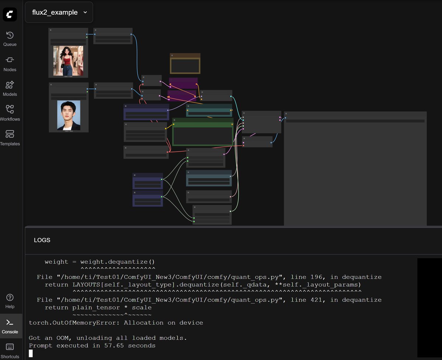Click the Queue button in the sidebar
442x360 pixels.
pos(10,39)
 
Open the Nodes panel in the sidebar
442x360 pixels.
pos(10,63)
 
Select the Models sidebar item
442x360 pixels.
pos(10,88)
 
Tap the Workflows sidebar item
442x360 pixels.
pos(10,113)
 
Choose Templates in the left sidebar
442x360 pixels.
pos(10,138)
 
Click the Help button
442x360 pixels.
pos(10,301)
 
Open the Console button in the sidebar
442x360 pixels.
pos(10,326)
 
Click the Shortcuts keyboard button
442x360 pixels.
pos(10,350)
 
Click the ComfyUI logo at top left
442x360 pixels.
pos(10,14)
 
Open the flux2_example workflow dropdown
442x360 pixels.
pos(59,12)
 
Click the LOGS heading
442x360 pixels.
pos(42,240)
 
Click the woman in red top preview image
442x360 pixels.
pos(68,60)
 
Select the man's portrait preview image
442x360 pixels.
pos(69,115)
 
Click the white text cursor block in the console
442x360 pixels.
pos(31,353)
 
